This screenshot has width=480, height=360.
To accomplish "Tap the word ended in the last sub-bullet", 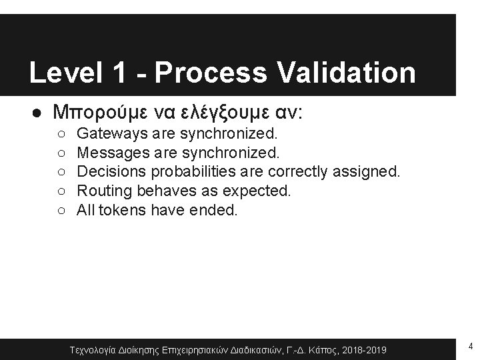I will [x=218, y=211].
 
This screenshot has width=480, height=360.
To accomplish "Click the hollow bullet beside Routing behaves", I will [x=61, y=192].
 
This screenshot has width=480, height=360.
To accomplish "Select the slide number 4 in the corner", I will [x=471, y=345].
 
